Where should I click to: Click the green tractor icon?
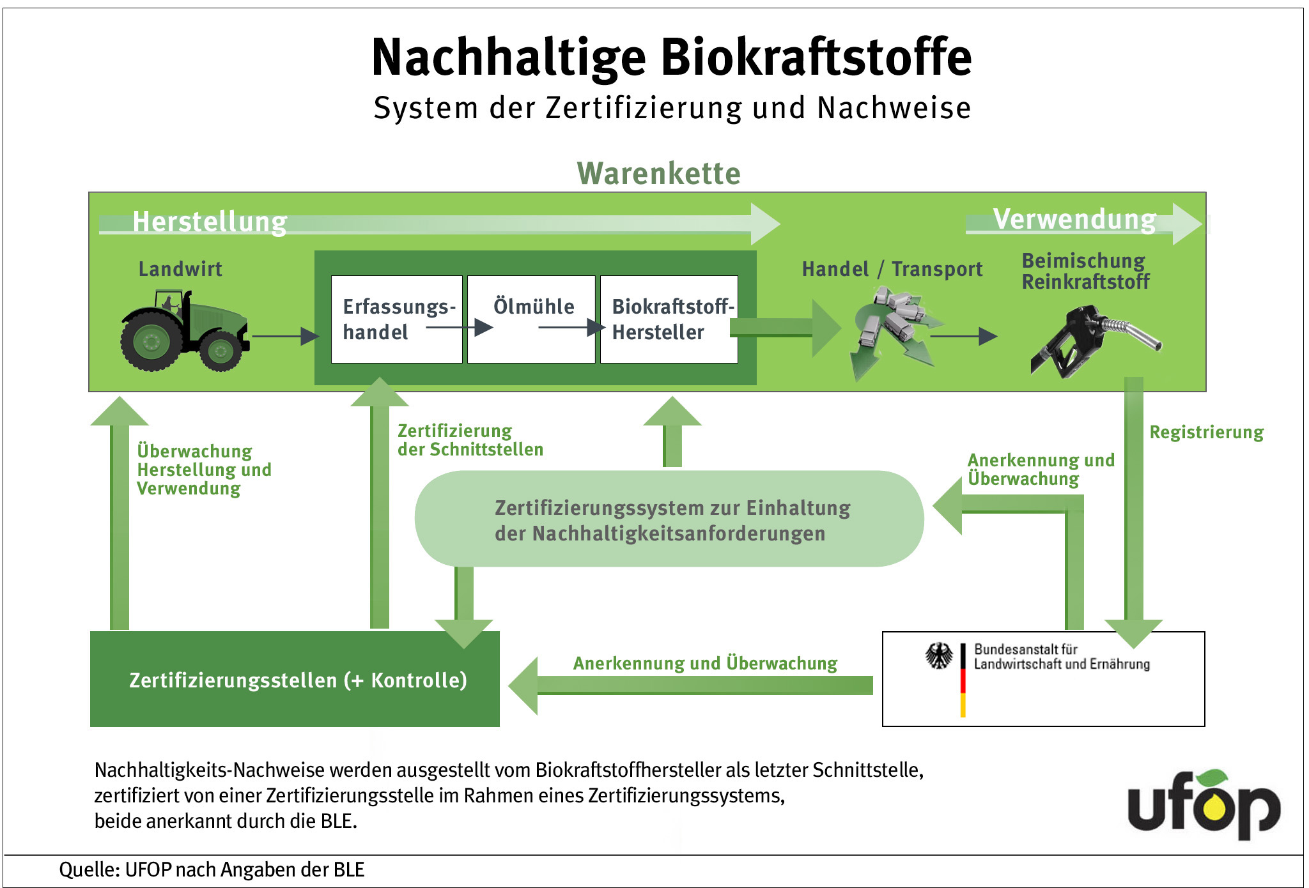tap(184, 330)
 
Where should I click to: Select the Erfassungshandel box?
tap(396, 319)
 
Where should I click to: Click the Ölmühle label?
tap(534, 306)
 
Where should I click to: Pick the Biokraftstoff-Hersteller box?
tap(669, 319)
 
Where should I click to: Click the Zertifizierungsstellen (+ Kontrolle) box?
tap(295, 679)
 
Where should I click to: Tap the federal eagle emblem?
tap(939, 656)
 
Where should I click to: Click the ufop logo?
tap(1204, 804)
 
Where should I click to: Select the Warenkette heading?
tap(659, 173)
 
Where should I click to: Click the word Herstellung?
tap(210, 222)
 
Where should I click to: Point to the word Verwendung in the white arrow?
tap(1075, 219)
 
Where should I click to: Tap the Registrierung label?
tap(1207, 433)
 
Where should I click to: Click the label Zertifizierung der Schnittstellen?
tap(470, 440)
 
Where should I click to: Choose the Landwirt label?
tap(180, 269)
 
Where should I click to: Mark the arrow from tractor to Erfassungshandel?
tap(286, 336)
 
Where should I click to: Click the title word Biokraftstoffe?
tap(816, 57)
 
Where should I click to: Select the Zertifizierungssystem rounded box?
tap(669, 519)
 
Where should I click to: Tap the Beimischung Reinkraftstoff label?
tap(1085, 271)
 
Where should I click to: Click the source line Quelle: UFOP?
tap(212, 870)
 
